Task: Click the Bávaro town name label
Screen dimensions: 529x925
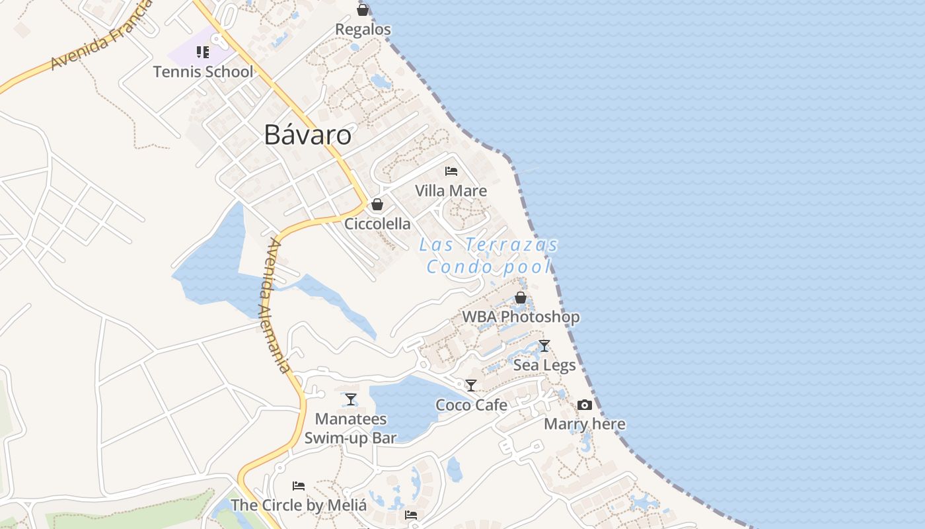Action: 307,135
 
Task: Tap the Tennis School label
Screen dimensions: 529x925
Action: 203,71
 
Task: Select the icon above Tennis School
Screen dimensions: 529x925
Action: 203,52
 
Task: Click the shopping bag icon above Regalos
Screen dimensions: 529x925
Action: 363,10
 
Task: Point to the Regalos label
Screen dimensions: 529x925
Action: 363,30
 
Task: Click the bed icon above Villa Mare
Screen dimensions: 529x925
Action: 451,171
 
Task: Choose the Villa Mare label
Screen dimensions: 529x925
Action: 451,191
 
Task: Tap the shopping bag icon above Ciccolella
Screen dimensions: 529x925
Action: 377,204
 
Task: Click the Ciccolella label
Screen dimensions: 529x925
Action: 377,224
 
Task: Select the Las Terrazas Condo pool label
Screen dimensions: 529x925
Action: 489,256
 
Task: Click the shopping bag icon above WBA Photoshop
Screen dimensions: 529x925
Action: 521,298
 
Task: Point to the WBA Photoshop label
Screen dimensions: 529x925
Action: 521,317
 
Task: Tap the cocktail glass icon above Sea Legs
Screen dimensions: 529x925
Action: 544,345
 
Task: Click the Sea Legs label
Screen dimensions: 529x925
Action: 544,365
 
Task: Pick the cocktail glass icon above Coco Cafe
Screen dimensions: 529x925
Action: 471,385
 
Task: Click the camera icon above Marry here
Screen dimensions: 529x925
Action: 585,405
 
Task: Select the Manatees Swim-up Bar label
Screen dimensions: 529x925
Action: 351,428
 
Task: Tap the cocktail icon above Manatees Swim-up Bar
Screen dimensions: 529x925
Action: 351,399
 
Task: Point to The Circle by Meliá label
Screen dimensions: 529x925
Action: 299,505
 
